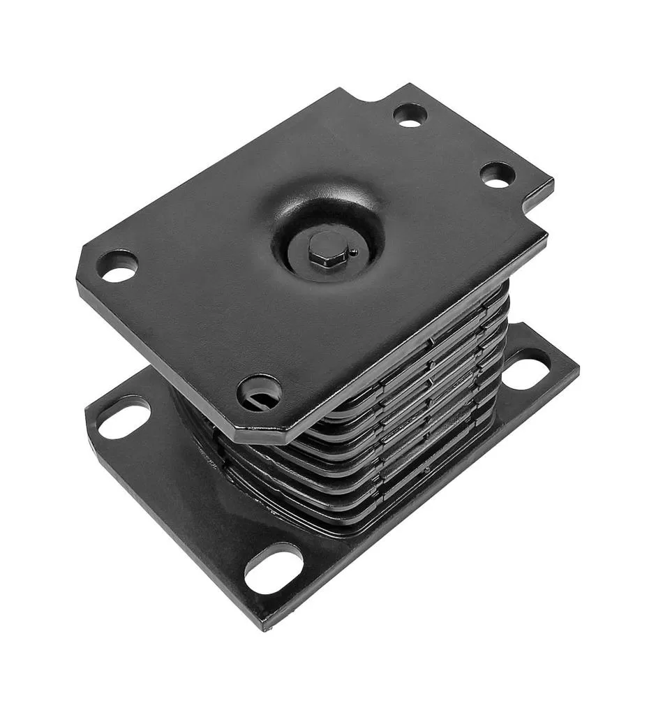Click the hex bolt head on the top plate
pyautogui.click(x=327, y=248)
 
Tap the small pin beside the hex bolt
pyautogui.click(x=355, y=252)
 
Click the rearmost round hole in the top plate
pyautogui.click(x=410, y=115)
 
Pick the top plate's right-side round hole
pyautogui.click(x=498, y=175)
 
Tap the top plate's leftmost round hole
pyautogui.click(x=118, y=266)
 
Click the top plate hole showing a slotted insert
pyautogui.click(x=259, y=393)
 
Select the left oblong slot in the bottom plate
pyautogui.click(x=124, y=417)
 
